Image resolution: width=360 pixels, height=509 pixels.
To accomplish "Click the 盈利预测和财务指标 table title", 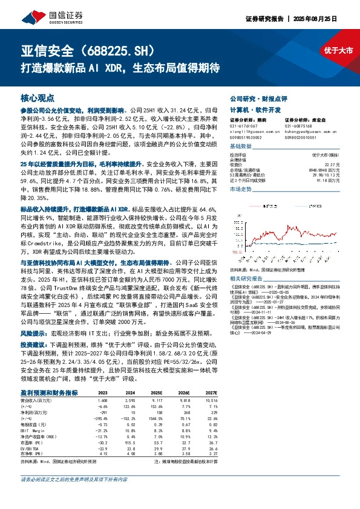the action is point(49,392).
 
